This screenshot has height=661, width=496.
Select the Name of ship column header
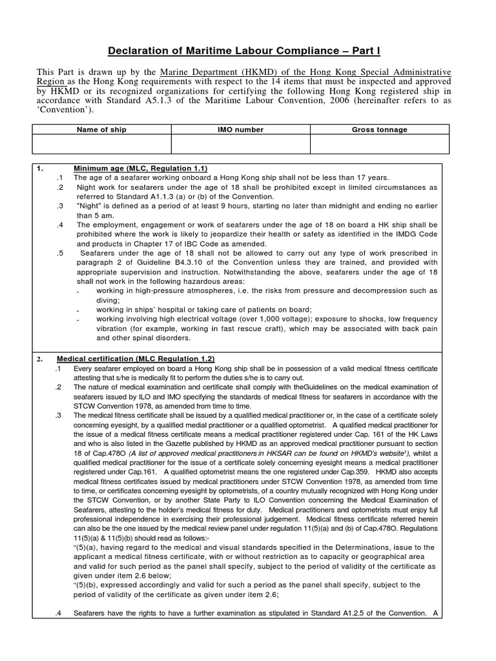pyautogui.click(x=101, y=130)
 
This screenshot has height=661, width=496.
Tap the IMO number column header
pyautogui.click(x=240, y=130)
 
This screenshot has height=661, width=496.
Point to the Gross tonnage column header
pyautogui.click(x=379, y=130)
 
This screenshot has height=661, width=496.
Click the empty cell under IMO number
pyautogui.click(x=240, y=144)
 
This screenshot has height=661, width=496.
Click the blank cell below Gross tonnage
pyautogui.click(x=379, y=144)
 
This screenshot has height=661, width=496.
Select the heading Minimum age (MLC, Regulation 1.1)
pyautogui.click(x=140, y=168)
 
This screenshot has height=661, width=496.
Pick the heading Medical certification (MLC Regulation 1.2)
pyautogui.click(x=136, y=359)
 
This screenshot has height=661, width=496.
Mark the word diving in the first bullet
pyautogui.click(x=107, y=300)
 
